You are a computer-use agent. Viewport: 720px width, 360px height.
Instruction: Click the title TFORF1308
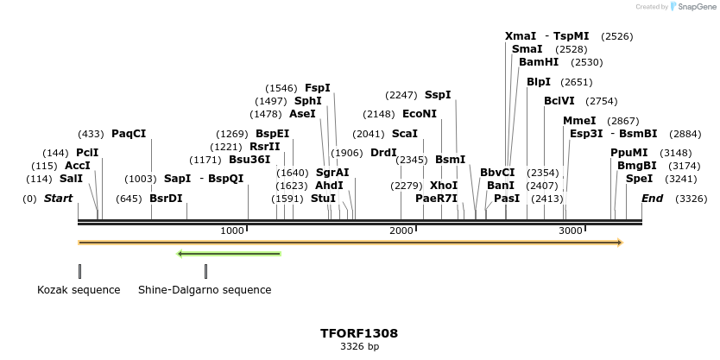[359, 332]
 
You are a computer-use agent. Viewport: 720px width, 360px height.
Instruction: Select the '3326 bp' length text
[359, 346]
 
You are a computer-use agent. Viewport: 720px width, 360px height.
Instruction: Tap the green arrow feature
[229, 254]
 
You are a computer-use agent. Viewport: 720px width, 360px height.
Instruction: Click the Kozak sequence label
[79, 290]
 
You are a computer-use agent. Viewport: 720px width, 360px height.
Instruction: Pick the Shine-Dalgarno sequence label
[205, 290]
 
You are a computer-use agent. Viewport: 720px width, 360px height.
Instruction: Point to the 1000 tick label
[231, 231]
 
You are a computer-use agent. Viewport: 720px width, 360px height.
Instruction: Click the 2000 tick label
[401, 231]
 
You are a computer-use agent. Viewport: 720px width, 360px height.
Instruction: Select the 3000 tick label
[570, 231]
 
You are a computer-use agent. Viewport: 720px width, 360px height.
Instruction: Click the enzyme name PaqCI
[129, 134]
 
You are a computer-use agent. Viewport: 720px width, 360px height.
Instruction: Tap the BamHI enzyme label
[539, 62]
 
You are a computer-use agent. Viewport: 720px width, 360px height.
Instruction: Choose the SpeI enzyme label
[640, 179]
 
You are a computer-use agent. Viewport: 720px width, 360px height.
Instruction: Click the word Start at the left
[58, 199]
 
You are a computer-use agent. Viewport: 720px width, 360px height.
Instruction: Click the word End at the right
[653, 199]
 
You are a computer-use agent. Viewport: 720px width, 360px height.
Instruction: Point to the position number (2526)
[617, 36]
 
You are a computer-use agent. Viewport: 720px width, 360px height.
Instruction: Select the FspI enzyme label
[317, 88]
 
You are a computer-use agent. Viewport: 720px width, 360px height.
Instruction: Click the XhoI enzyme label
[444, 186]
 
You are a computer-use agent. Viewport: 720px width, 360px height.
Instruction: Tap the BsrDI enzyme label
[166, 199]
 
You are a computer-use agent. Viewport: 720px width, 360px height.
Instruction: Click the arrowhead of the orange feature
[618, 243]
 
